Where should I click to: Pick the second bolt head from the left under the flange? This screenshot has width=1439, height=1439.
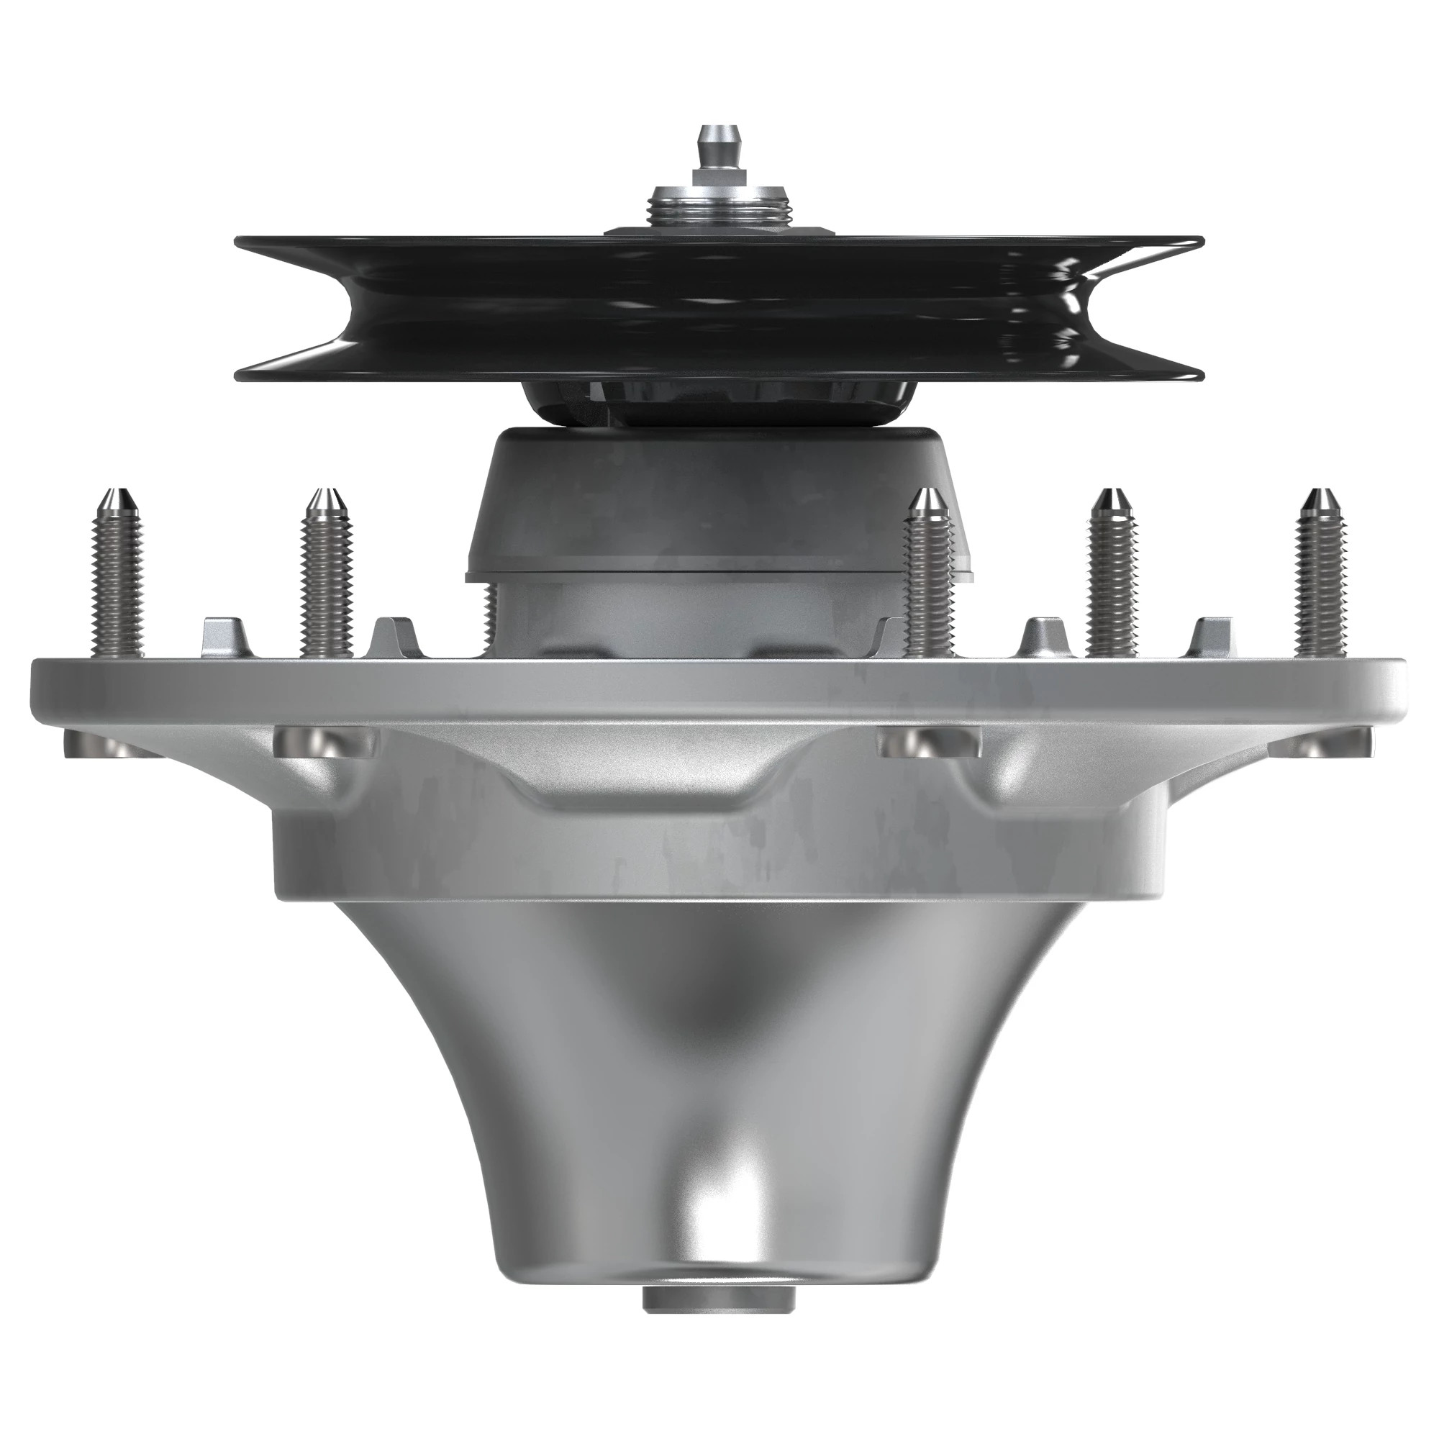click(324, 741)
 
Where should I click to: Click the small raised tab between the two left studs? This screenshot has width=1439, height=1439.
click(222, 637)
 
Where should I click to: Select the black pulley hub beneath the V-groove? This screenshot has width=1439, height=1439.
click(719, 402)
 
